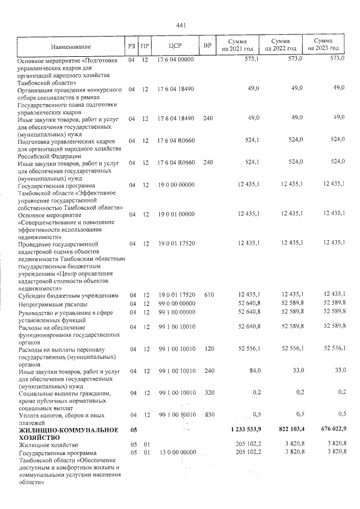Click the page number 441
(181, 25)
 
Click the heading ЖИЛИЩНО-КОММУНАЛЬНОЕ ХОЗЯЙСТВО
(68, 434)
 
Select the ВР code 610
(209, 295)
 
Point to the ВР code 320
(209, 393)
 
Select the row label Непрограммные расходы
(53, 304)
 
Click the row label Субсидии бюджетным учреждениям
(68, 295)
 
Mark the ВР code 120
(209, 349)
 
